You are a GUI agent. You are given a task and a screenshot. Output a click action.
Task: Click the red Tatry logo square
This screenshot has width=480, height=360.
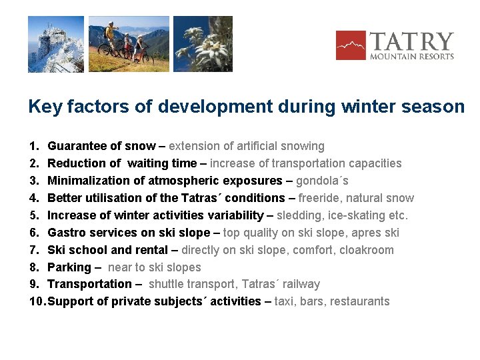pyautogui.click(x=351, y=45)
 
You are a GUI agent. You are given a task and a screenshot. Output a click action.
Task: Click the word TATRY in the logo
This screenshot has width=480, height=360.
pyautogui.click(x=411, y=41)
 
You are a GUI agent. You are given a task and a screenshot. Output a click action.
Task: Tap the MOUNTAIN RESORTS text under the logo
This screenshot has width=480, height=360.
pyautogui.click(x=412, y=57)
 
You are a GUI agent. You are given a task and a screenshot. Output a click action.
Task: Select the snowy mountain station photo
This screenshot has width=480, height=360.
pyautogui.click(x=56, y=44)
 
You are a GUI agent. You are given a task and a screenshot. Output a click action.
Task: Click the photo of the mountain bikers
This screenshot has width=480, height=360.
pyautogui.click(x=129, y=44)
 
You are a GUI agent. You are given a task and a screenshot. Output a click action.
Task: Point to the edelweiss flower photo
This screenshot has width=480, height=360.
pyautogui.click(x=203, y=44)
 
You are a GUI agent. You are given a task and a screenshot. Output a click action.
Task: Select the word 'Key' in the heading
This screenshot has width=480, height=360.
pyautogui.click(x=45, y=107)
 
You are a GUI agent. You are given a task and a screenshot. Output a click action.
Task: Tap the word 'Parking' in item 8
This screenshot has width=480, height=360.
pyautogui.click(x=69, y=267)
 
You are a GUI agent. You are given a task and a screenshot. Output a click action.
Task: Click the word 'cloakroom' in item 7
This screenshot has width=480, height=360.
pyautogui.click(x=365, y=250)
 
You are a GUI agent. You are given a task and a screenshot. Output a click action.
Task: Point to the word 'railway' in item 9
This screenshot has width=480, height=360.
pyautogui.click(x=301, y=284)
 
